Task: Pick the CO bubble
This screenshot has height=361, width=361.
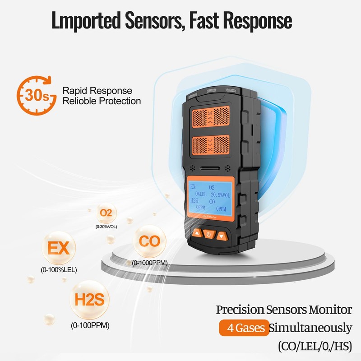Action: pos(149,241)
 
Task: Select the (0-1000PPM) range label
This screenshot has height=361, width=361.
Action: pos(150,263)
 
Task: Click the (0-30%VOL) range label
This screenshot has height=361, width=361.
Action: pos(106,227)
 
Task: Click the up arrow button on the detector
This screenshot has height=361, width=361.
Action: pos(197,233)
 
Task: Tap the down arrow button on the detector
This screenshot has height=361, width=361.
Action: pos(221,235)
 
